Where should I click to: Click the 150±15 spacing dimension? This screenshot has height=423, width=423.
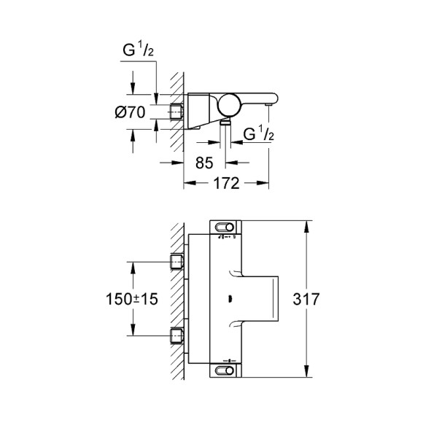[x=131, y=299]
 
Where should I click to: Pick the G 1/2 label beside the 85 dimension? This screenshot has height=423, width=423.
[x=258, y=134]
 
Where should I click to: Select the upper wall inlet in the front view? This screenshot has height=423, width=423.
[x=175, y=261]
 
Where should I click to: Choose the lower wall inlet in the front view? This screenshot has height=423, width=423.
[x=175, y=335]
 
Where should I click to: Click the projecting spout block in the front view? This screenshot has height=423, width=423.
[x=263, y=299]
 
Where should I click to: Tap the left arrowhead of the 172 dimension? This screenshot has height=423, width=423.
[x=186, y=183]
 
